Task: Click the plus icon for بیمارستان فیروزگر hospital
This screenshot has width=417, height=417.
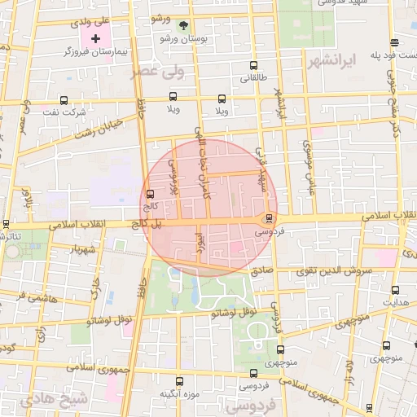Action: tap(96, 38)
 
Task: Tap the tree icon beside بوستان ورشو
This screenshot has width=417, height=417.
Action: tap(183, 24)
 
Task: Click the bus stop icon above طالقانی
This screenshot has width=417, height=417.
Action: tap(253, 65)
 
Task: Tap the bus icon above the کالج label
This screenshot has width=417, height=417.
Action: tap(149, 194)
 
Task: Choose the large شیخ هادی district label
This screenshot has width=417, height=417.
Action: tap(55, 400)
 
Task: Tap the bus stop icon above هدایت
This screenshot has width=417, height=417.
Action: tap(395, 290)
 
